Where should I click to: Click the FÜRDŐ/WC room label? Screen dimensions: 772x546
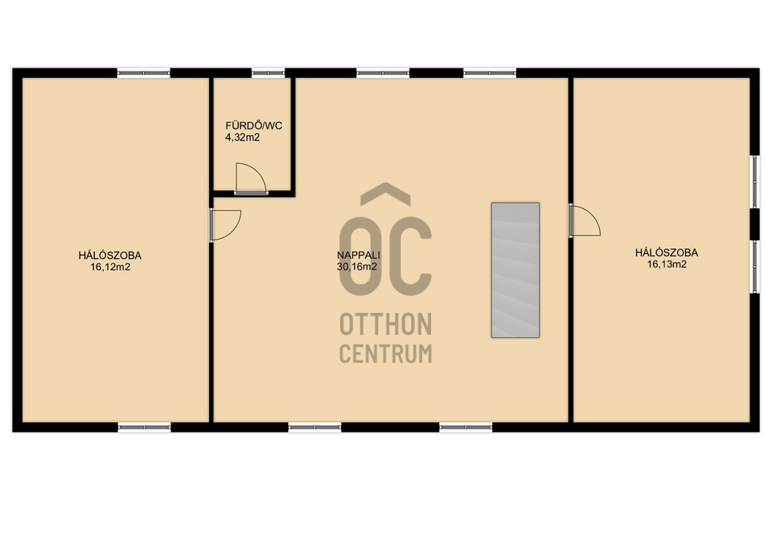(x=253, y=125)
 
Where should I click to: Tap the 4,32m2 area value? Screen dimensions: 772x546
(x=242, y=138)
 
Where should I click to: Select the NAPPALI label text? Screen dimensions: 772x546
(x=359, y=255)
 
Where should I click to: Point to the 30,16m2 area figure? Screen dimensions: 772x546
(x=357, y=266)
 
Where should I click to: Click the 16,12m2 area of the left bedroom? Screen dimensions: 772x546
(x=110, y=267)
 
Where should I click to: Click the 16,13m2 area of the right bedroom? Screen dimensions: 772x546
(x=667, y=265)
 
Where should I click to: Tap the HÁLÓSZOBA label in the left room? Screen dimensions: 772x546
(x=110, y=256)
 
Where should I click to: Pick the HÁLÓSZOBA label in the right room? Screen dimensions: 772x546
(x=667, y=252)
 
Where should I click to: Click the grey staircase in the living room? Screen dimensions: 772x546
(x=515, y=270)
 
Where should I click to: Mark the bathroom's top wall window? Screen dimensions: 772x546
(x=268, y=73)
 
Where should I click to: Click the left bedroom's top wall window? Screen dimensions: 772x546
(x=144, y=73)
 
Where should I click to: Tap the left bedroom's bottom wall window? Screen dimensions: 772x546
(x=144, y=427)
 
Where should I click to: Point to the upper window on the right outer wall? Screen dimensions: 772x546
(x=754, y=181)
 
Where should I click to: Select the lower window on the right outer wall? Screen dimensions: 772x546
(x=754, y=266)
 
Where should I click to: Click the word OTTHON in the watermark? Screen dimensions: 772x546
(x=385, y=324)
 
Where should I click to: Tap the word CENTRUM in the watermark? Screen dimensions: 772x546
(x=385, y=354)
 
